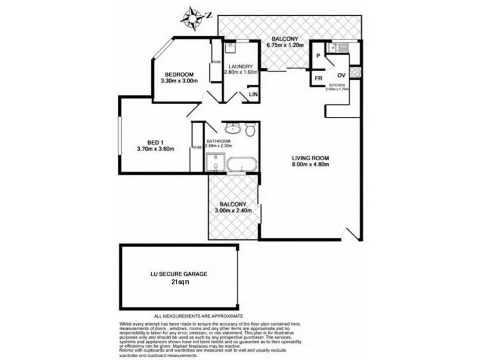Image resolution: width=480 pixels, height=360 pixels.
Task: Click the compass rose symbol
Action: click(193, 16)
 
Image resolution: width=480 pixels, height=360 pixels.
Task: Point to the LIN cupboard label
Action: click(253, 95)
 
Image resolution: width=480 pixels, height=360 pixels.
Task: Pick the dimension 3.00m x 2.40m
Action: click(236, 210)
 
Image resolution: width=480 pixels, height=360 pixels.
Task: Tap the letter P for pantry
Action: click(319, 56)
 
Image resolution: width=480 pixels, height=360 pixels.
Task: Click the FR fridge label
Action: click(319, 79)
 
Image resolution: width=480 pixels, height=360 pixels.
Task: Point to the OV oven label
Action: click(341, 75)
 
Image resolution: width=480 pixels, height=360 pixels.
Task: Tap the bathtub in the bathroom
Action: click(242, 163)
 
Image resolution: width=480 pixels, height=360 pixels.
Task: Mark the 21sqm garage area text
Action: click(178, 282)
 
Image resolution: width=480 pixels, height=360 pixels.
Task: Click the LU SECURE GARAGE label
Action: click(178, 274)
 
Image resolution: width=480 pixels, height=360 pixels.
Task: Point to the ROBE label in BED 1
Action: click(197, 147)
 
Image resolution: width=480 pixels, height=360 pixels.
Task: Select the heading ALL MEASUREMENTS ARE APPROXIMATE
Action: click(199, 316)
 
